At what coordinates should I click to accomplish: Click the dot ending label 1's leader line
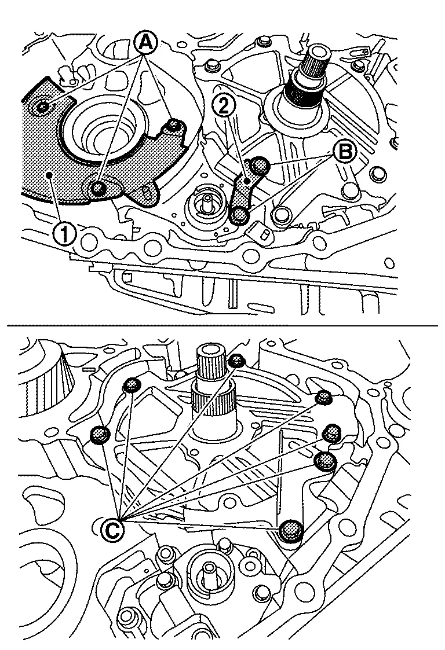pyautogui.click(x=50, y=176)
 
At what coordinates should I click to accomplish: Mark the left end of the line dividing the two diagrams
pyautogui.click(x=7, y=326)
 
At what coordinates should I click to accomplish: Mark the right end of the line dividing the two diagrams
pyautogui.click(x=438, y=326)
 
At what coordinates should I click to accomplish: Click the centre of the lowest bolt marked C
pyautogui.click(x=291, y=531)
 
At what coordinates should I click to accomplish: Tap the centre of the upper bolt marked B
pyautogui.click(x=260, y=166)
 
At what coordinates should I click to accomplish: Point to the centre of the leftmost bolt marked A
pyautogui.click(x=43, y=107)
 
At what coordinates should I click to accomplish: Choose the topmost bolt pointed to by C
pyautogui.click(x=236, y=360)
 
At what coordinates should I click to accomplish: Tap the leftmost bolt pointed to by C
pyautogui.click(x=99, y=435)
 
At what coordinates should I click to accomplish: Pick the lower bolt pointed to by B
pyautogui.click(x=240, y=215)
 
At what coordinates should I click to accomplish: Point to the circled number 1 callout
pyautogui.click(x=63, y=234)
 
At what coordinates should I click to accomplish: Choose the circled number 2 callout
pyautogui.click(x=223, y=107)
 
